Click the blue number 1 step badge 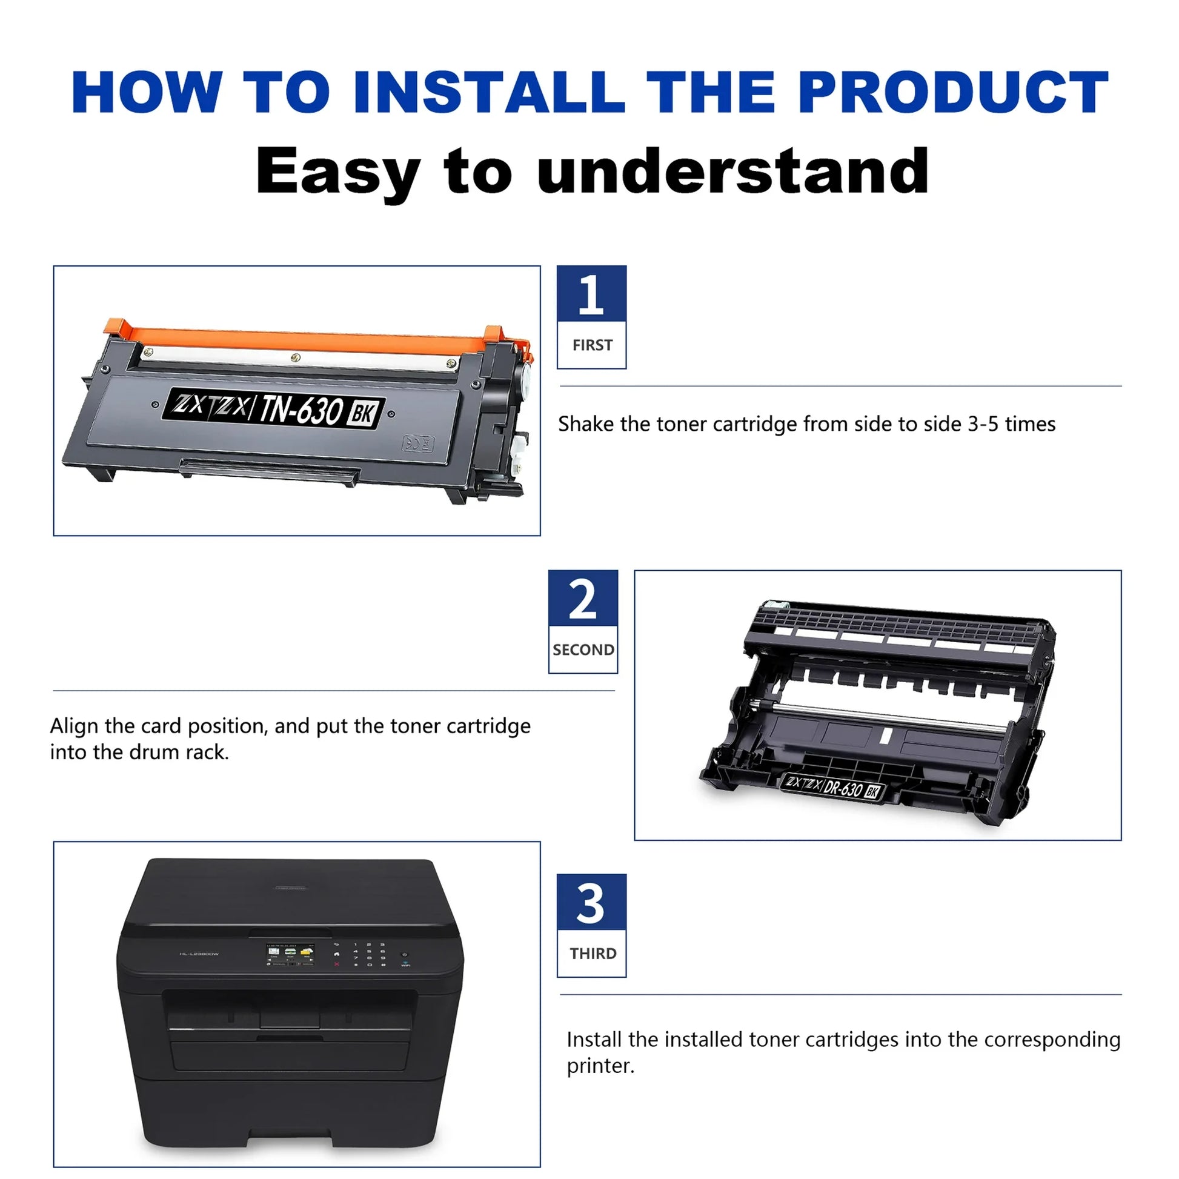pyautogui.click(x=591, y=293)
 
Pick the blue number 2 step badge pyautogui.click(x=583, y=599)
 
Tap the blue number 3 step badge pyautogui.click(x=591, y=902)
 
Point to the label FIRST pyautogui.click(x=592, y=345)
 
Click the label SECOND pyautogui.click(x=583, y=650)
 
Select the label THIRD pyautogui.click(x=593, y=954)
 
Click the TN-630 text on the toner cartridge pyautogui.click(x=300, y=410)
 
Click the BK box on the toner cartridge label pyautogui.click(x=362, y=414)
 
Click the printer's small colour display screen pyautogui.click(x=290, y=955)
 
